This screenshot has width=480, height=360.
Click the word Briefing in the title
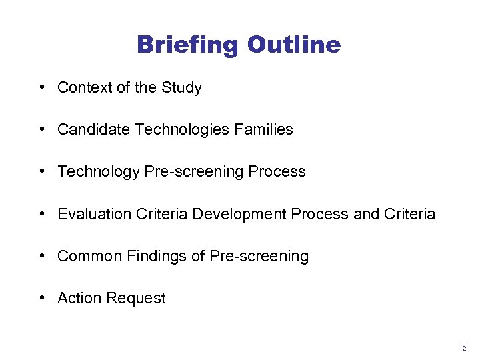pyautogui.click(x=188, y=45)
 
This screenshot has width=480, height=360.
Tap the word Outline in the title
pyautogui.click(x=294, y=45)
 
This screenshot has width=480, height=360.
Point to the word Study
pyautogui.click(x=181, y=87)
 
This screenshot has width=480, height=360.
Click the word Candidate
pyautogui.click(x=94, y=129)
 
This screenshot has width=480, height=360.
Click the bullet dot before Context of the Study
pyautogui.click(x=42, y=87)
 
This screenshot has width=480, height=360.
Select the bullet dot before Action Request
pyautogui.click(x=42, y=298)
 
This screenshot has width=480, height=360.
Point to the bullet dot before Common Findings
pyautogui.click(x=42, y=256)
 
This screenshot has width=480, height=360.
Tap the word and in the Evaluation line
pyautogui.click(x=366, y=214)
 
